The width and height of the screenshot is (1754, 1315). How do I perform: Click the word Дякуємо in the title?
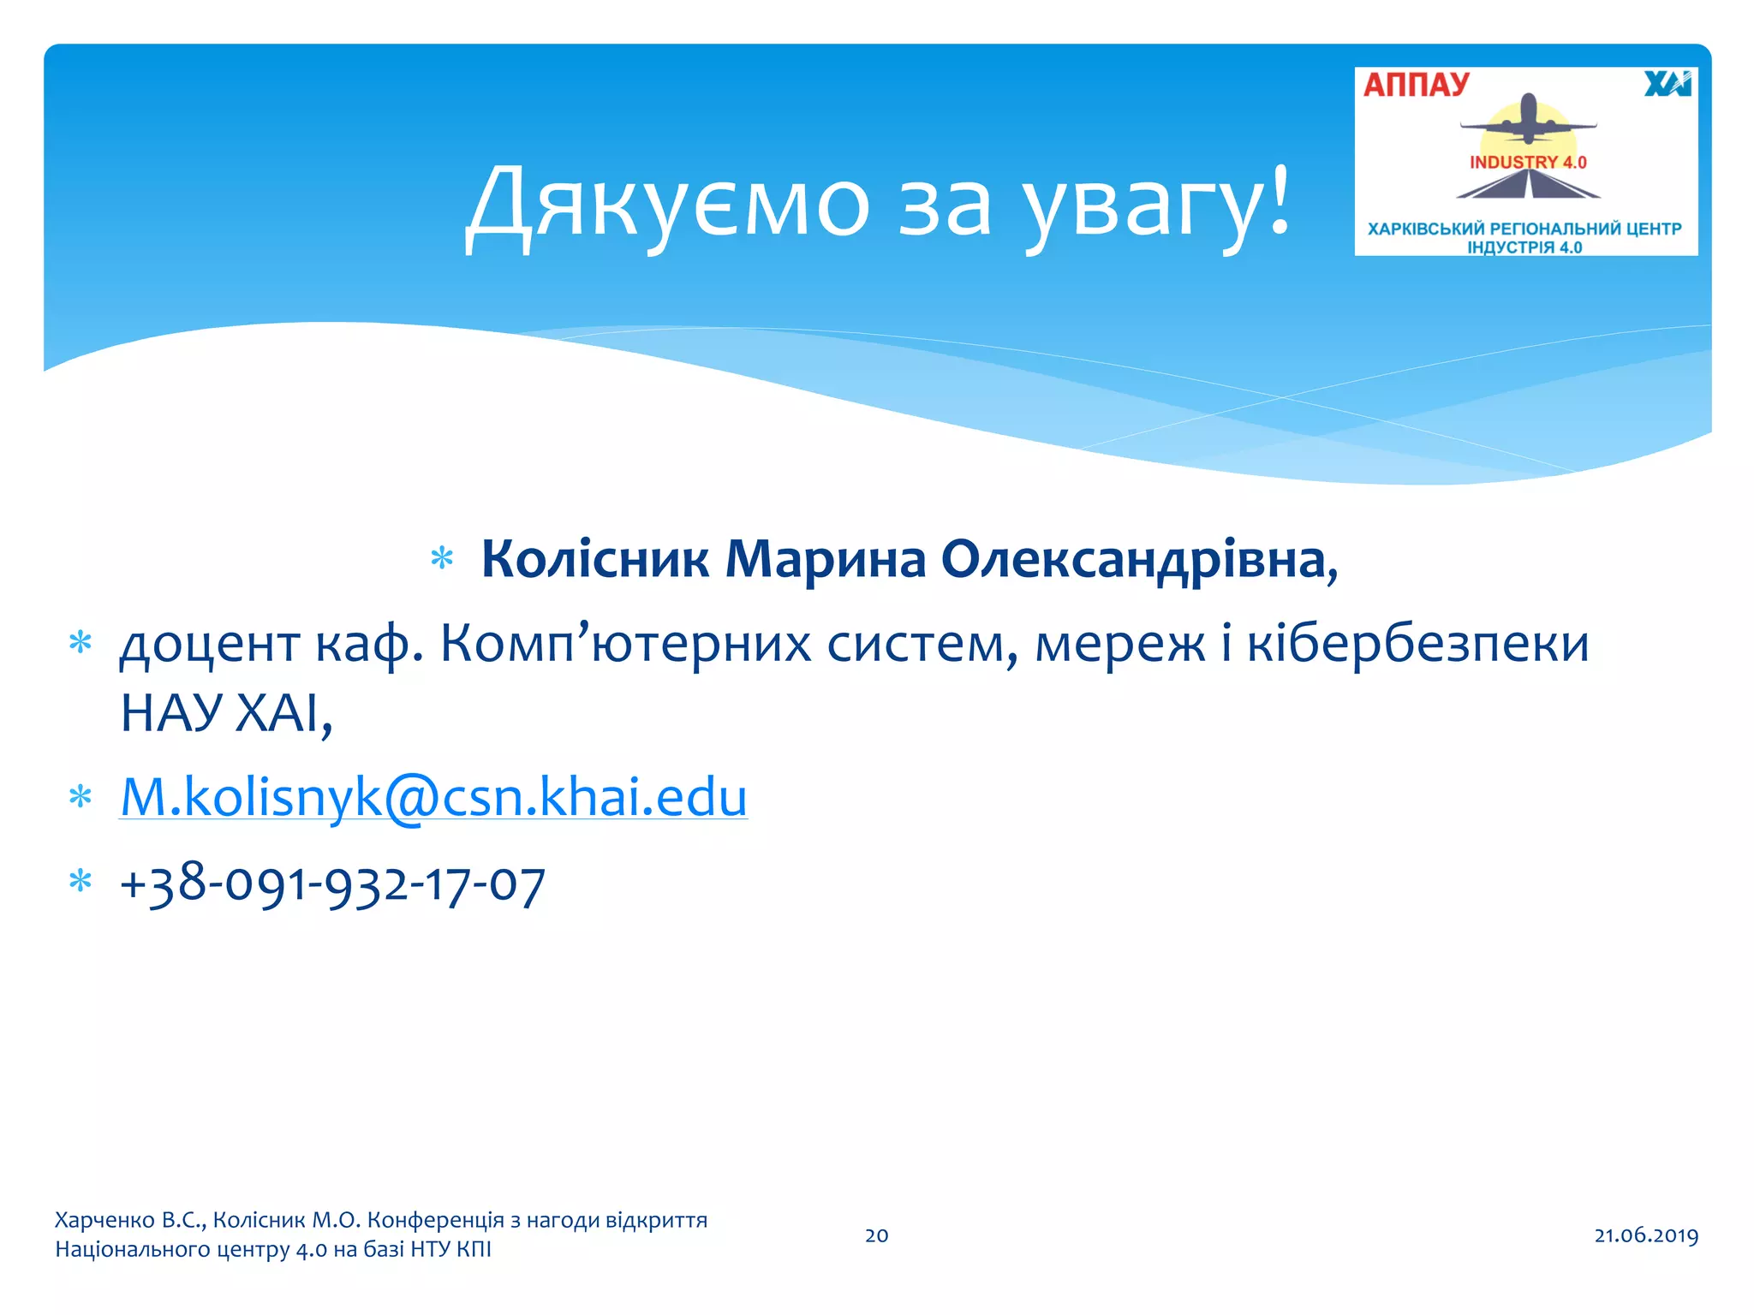pyautogui.click(x=668, y=204)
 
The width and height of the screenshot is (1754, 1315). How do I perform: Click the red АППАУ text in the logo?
pyautogui.click(x=1417, y=85)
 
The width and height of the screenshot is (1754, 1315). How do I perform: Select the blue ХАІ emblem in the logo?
pyautogui.click(x=1667, y=84)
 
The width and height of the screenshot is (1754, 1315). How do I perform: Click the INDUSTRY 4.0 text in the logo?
pyautogui.click(x=1528, y=162)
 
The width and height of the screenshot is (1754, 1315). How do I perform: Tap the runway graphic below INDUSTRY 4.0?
pyautogui.click(x=1529, y=184)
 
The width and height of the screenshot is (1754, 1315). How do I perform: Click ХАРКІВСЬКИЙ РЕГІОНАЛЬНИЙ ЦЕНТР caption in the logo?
pyautogui.click(x=1524, y=229)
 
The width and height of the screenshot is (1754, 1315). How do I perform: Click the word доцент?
pyautogui.click(x=210, y=644)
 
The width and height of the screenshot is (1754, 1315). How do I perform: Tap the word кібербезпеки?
pyautogui.click(x=1417, y=644)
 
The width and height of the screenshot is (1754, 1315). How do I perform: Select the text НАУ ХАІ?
pyautogui.click(x=224, y=712)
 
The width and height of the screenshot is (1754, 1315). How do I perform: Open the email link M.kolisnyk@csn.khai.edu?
pyautogui.click(x=433, y=797)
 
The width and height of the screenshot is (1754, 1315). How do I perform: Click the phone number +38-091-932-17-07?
pyautogui.click(x=332, y=884)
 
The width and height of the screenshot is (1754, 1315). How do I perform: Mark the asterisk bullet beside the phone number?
pyautogui.click(x=81, y=881)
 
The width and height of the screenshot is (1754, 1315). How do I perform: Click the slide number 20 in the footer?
pyautogui.click(x=876, y=1235)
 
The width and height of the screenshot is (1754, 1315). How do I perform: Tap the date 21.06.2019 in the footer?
pyautogui.click(x=1645, y=1235)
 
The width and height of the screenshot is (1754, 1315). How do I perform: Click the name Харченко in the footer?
pyautogui.click(x=104, y=1220)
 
